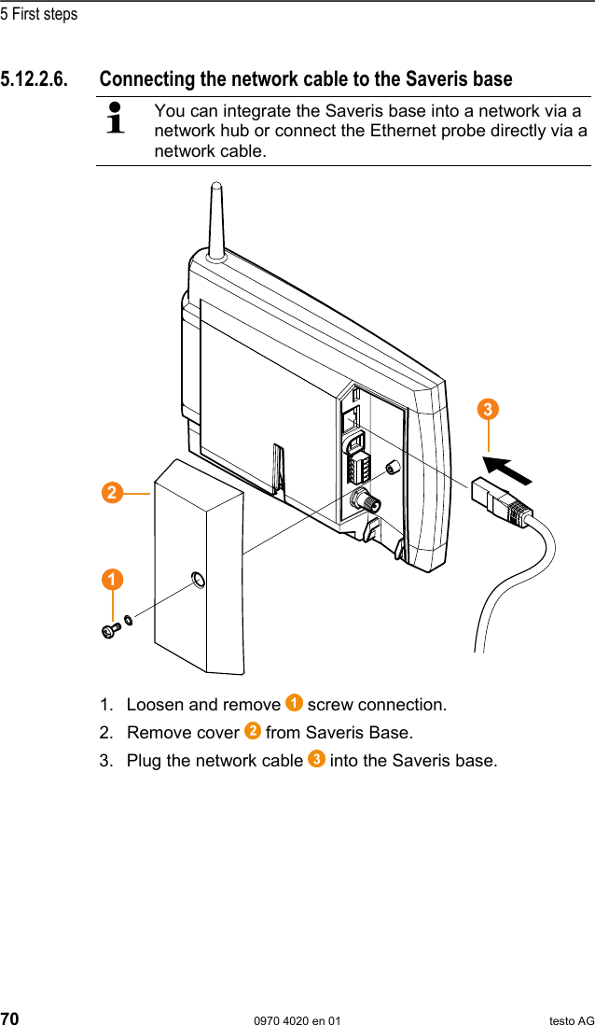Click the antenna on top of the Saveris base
coord(214,219)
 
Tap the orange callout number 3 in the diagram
coord(487,410)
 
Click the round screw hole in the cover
coord(197,582)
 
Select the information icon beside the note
coord(117,119)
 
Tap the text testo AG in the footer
coord(571,1020)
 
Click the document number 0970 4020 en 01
coord(297,1020)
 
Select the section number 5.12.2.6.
coord(34,78)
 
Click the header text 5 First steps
coord(39,14)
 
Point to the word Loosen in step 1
coord(156,705)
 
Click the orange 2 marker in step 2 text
coord(252,731)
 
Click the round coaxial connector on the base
coord(358,501)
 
